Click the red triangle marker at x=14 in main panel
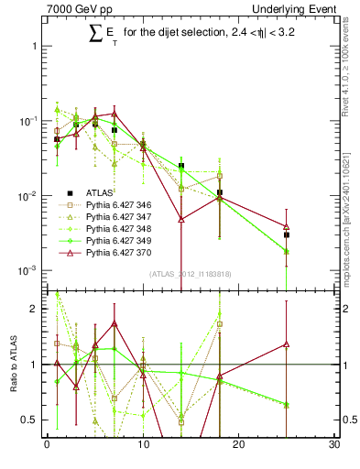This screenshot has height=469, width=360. [181, 220]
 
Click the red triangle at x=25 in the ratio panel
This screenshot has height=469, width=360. [287, 344]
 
